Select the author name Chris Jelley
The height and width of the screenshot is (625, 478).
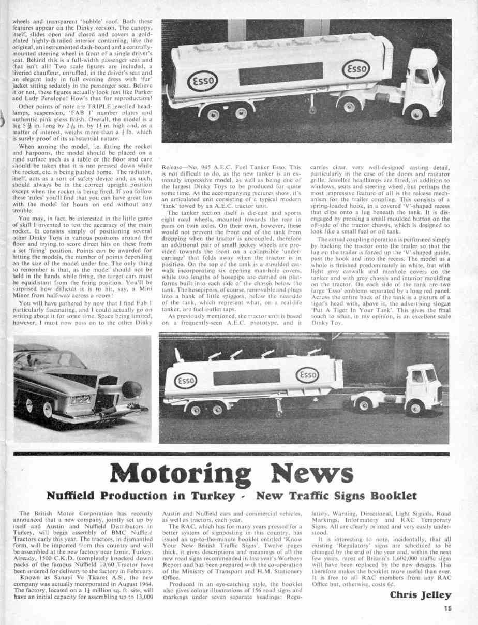[421, 595]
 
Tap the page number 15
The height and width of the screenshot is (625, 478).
[447, 609]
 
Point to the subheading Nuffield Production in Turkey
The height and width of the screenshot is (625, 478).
[146, 496]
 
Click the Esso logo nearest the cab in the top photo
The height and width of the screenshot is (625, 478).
[356, 69]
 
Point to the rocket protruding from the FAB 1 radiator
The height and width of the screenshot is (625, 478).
[129, 388]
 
